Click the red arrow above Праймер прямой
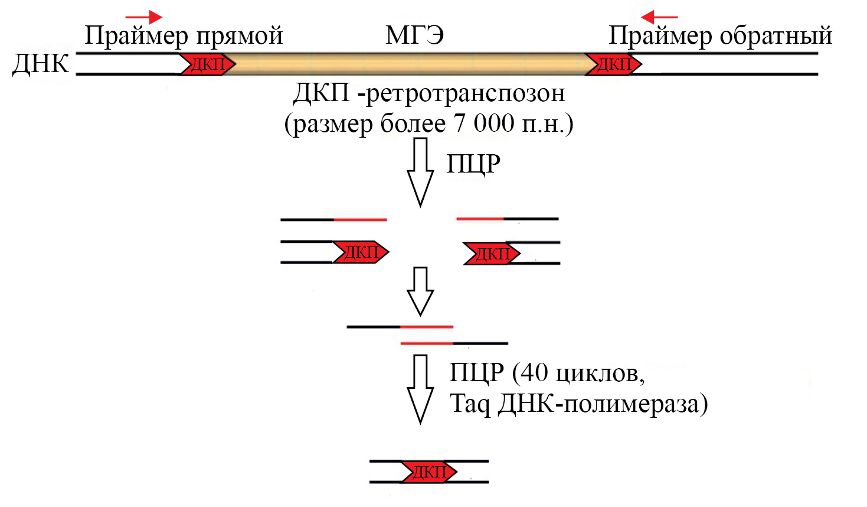144,17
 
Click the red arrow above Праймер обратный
659,17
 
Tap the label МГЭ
415,35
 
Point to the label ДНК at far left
40,63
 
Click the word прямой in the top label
240,36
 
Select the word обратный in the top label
776,36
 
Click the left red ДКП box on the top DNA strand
207,64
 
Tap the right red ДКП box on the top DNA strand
613,64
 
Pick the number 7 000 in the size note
484,123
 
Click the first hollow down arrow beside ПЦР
420,171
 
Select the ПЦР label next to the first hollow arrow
473,164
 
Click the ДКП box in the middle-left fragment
360,252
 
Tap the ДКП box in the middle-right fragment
492,253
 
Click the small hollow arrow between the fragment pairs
420,291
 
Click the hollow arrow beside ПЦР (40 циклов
420,389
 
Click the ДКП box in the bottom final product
429,472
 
